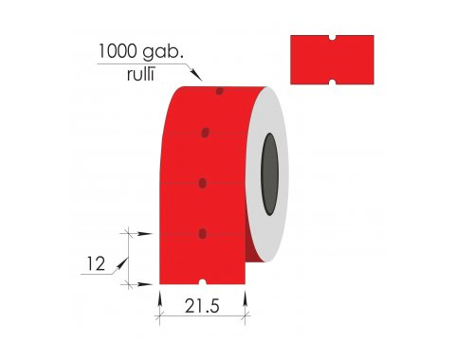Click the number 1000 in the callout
pyautogui.click(x=118, y=51)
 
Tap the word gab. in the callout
pyautogui.click(x=163, y=52)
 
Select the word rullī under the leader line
pyautogui.click(x=140, y=74)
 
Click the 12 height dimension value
pyautogui.click(x=96, y=264)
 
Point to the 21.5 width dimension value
pyautogui.click(x=202, y=306)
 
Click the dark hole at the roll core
pyautogui.click(x=269, y=174)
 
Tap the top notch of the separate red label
pyautogui.click(x=332, y=38)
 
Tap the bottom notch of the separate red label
pyautogui.click(x=332, y=82)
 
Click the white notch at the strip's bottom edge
pyautogui.click(x=203, y=282)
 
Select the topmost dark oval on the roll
pyautogui.click(x=220, y=91)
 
